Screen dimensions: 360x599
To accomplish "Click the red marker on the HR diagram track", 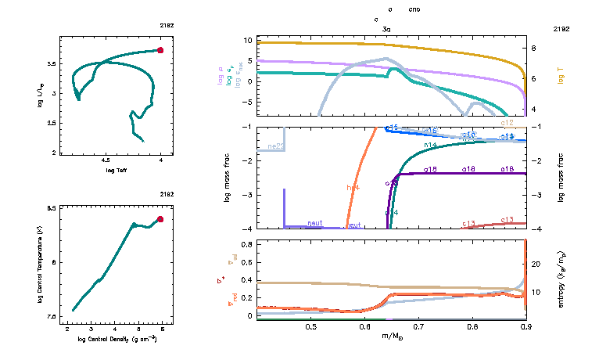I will click(160, 50).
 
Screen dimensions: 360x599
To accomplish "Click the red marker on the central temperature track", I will click(160, 219).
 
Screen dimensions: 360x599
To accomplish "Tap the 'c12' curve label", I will click(508, 123).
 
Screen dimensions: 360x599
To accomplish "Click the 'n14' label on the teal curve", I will click(429, 146).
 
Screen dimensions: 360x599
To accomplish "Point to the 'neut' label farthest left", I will click(315, 224).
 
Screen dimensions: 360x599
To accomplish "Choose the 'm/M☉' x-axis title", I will click(392, 336).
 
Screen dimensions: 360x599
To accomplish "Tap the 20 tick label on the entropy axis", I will click(536, 265).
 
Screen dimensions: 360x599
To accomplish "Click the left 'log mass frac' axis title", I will click(228, 178).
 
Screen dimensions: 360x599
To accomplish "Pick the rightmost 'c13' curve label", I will click(507, 220).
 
